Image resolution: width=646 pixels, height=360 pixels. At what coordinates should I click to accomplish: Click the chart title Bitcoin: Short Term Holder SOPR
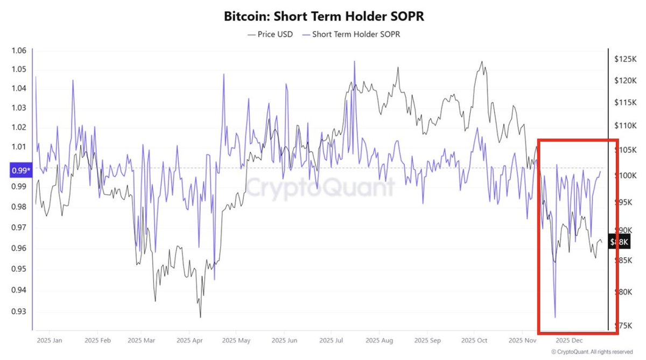[x=324, y=16]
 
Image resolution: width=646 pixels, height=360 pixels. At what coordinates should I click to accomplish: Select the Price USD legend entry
[x=271, y=34]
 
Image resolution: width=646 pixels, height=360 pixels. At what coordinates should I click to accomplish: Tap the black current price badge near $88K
[x=618, y=242]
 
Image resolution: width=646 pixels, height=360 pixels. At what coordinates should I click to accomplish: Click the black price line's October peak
[x=482, y=61]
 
